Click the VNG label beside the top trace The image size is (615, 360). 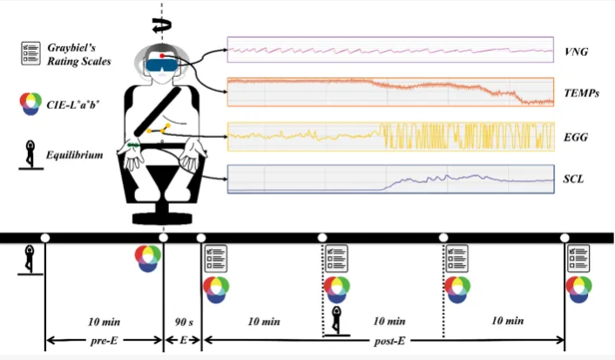point(576,52)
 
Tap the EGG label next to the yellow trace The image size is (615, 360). point(576,137)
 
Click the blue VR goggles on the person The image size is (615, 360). point(163,61)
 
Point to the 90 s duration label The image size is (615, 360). point(183,322)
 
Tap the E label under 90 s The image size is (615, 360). point(183,341)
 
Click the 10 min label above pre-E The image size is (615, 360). point(103,322)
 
